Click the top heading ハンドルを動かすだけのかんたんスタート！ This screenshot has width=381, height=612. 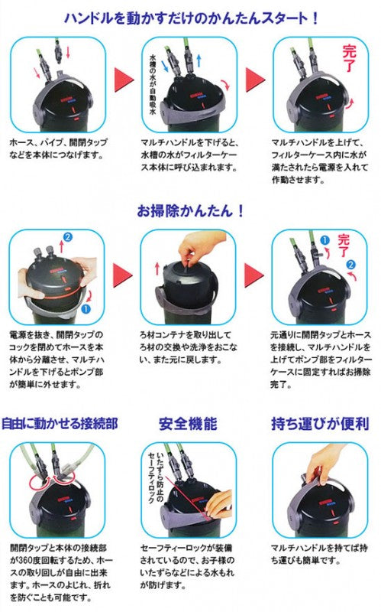click(190, 15)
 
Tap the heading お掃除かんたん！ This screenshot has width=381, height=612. click(190, 209)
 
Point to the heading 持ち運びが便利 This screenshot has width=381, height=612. click(318, 422)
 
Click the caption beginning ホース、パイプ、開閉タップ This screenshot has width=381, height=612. click(56, 150)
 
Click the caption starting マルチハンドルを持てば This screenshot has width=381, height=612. click(316, 555)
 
